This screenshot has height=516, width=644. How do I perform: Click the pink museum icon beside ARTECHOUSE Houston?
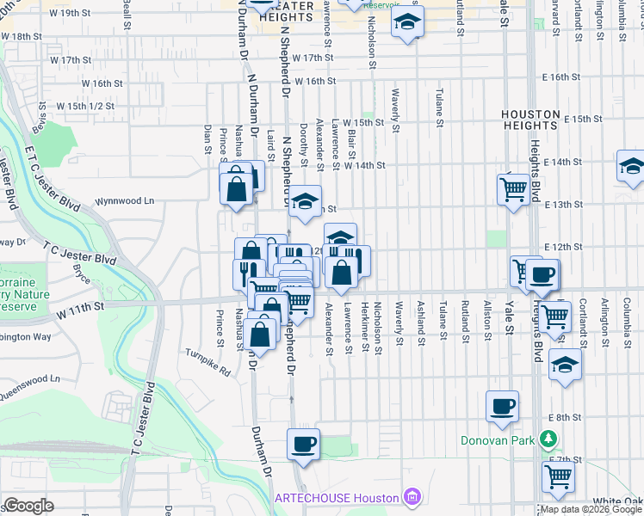tap(412, 498)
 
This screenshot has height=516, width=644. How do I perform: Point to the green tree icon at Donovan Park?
tap(548, 440)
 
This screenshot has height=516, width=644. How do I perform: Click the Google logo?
tap(28, 505)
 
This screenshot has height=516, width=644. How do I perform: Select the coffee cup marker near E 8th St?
tap(502, 407)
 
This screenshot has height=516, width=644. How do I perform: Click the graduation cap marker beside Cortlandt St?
tap(565, 365)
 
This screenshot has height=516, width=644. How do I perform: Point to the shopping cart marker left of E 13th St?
tap(513, 189)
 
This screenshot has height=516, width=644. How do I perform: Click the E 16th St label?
tap(570, 77)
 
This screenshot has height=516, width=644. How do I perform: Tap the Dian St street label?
tap(208, 138)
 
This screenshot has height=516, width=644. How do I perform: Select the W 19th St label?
tap(71, 13)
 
